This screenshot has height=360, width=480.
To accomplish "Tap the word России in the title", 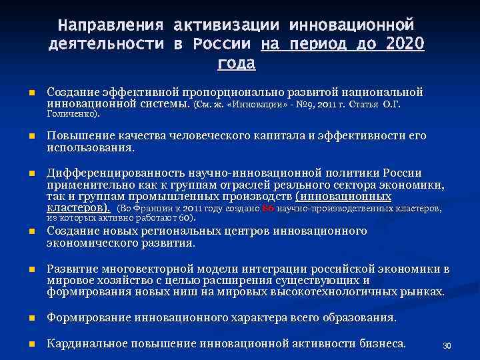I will [223, 45].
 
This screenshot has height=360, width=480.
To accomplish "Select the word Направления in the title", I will [110, 25].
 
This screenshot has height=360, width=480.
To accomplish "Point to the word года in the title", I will [235, 64].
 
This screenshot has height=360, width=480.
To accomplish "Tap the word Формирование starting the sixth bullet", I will [88, 318].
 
